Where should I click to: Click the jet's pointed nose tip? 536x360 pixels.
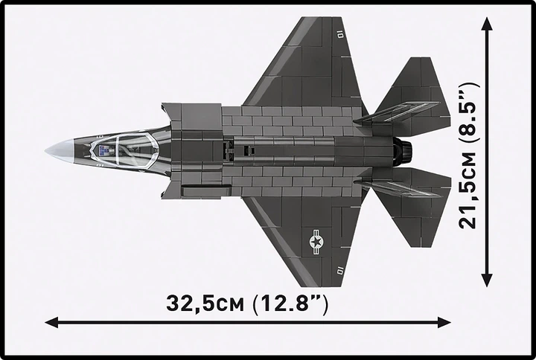click(47, 151)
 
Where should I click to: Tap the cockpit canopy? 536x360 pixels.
click(119, 151)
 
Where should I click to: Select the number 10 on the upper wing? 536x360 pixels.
click(339, 33)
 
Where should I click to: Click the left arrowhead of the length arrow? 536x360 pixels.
click(51, 322)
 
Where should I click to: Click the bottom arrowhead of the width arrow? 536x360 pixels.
click(487, 281)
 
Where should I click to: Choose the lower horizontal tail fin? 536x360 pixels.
click(414, 212)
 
